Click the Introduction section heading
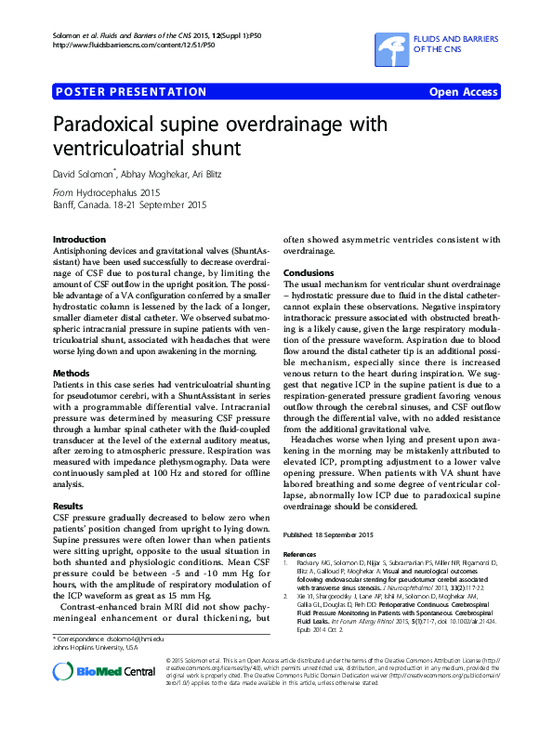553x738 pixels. click(79, 239)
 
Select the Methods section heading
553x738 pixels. click(72, 373)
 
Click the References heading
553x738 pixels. click(301, 554)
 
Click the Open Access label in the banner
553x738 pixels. click(463, 92)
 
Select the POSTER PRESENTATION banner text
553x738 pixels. click(131, 92)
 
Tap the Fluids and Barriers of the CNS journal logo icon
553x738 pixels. click(391, 44)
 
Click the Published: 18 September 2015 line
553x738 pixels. click(328, 534)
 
